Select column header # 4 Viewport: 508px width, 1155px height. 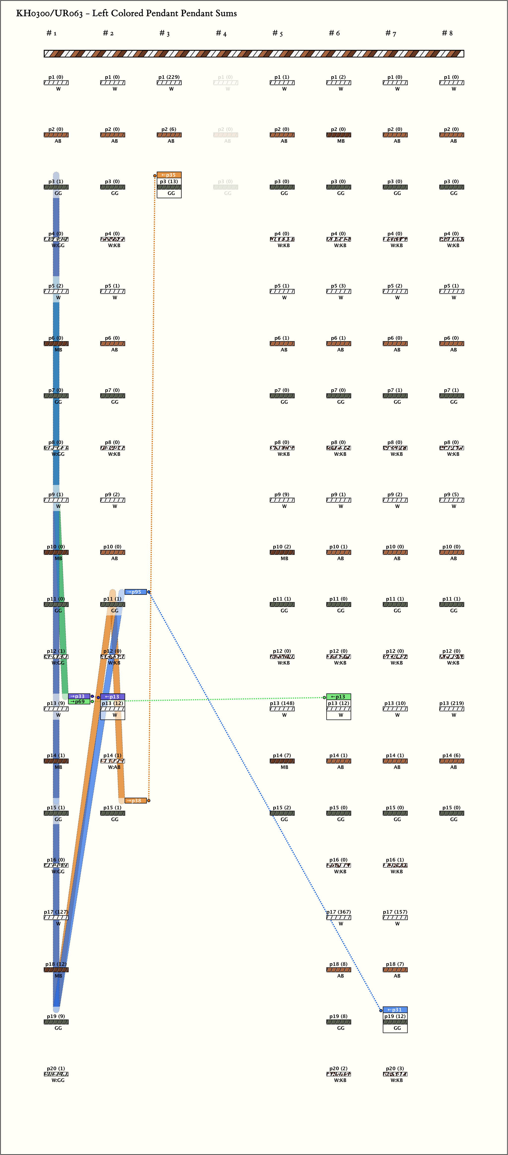(x=221, y=33)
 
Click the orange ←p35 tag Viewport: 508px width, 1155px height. (x=169, y=175)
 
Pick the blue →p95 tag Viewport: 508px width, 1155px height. (x=135, y=592)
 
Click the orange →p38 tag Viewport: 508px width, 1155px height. (x=135, y=800)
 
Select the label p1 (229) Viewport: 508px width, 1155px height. (x=169, y=77)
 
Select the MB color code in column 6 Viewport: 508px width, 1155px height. (x=341, y=141)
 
